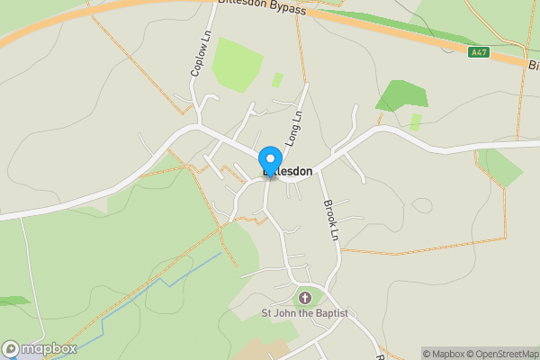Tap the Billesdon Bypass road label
point(263,7)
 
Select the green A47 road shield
point(479,52)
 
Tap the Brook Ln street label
point(330,219)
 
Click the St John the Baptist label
point(304,313)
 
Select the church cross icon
point(304,297)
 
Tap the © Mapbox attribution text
point(448,354)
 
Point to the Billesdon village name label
point(288,171)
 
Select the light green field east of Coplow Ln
point(237,63)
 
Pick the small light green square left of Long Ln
point(277,79)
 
